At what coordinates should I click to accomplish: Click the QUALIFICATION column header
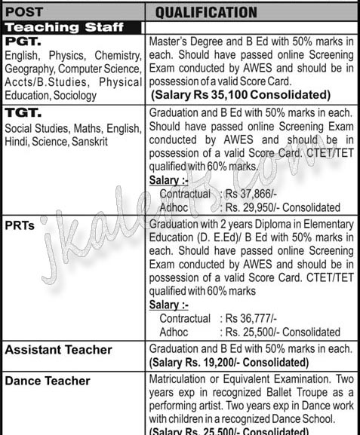(206, 12)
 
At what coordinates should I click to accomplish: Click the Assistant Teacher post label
(58, 350)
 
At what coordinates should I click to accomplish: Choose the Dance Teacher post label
(48, 381)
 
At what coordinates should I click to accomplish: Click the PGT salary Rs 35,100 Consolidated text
(241, 95)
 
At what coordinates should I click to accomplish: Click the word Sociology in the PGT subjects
(97, 95)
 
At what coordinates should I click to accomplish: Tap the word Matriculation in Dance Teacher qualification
(180, 380)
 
